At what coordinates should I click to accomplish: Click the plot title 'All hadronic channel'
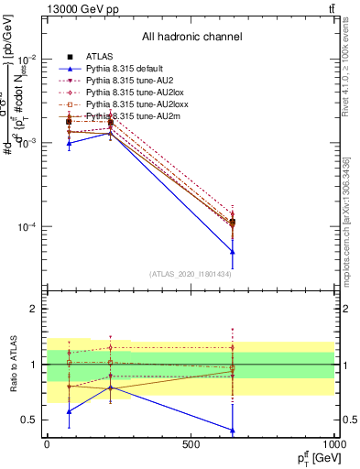click(x=191, y=37)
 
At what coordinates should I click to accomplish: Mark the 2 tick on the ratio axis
click(x=34, y=310)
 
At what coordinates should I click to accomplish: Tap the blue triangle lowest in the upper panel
click(x=233, y=252)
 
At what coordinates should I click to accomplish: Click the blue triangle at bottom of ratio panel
click(x=233, y=430)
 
